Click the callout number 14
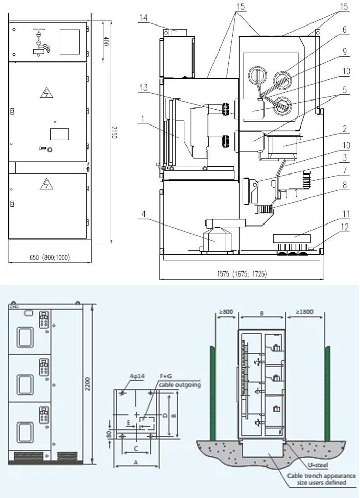[143, 18]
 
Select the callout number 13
[143, 87]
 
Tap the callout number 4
[143, 214]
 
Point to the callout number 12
[345, 227]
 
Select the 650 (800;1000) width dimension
[50, 257]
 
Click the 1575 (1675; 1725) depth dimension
[242, 273]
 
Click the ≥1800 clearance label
[304, 312]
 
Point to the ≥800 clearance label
[226, 312]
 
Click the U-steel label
[318, 465]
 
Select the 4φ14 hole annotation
[137, 376]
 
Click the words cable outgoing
[180, 385]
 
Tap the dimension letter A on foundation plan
[136, 463]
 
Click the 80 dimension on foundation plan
[109, 434]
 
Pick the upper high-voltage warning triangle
[46, 93]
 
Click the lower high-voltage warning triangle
[46, 184]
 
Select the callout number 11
[345, 214]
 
